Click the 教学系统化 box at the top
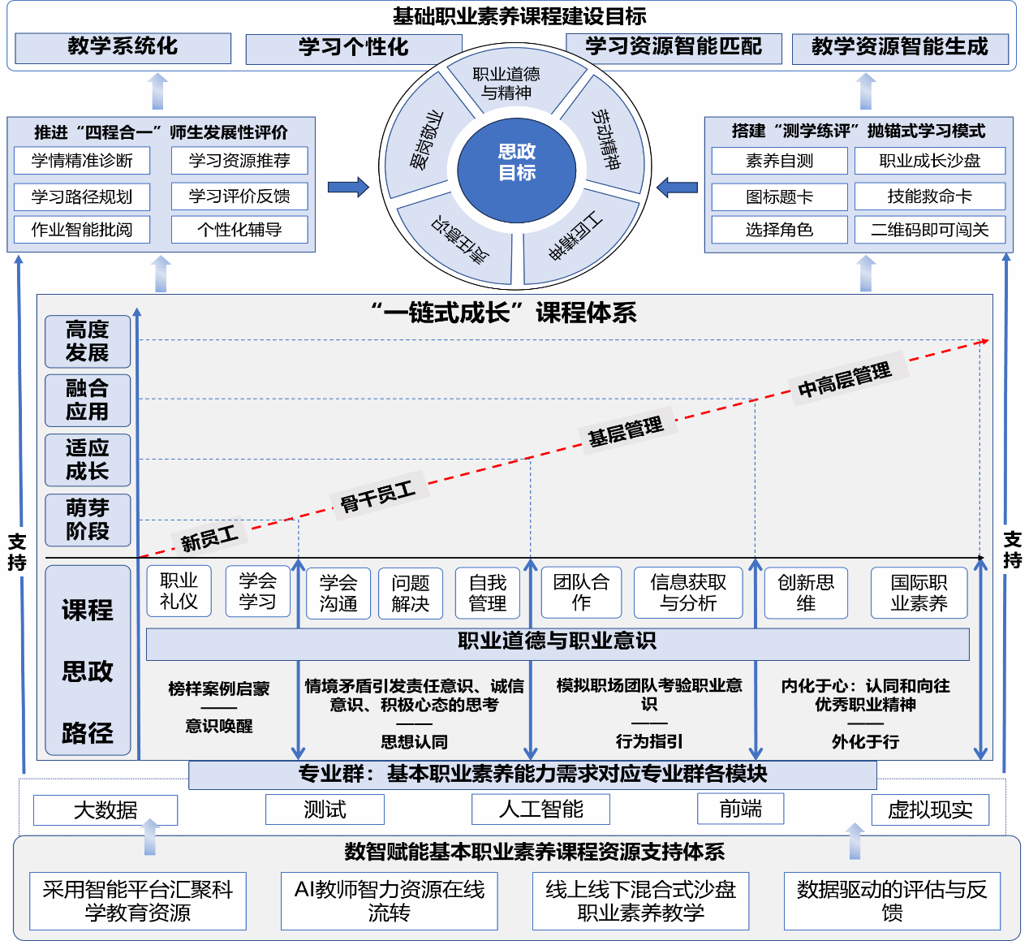point(123,48)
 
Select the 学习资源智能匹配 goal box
point(674,48)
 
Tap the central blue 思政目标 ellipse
point(517,163)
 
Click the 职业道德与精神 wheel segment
point(507,82)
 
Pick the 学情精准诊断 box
point(82,161)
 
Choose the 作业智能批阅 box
point(82,230)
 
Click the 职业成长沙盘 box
point(930,161)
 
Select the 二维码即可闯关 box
point(930,230)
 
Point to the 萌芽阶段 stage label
point(88,520)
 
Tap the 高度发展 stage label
point(88,341)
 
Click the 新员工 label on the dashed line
point(209,537)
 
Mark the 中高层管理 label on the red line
point(844,379)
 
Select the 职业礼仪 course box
point(179,591)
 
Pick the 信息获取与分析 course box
point(688,593)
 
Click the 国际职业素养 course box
point(919,593)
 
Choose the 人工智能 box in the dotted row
point(540,809)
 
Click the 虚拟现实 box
point(930,809)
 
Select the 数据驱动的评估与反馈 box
point(892,901)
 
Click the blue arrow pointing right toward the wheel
point(348,188)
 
